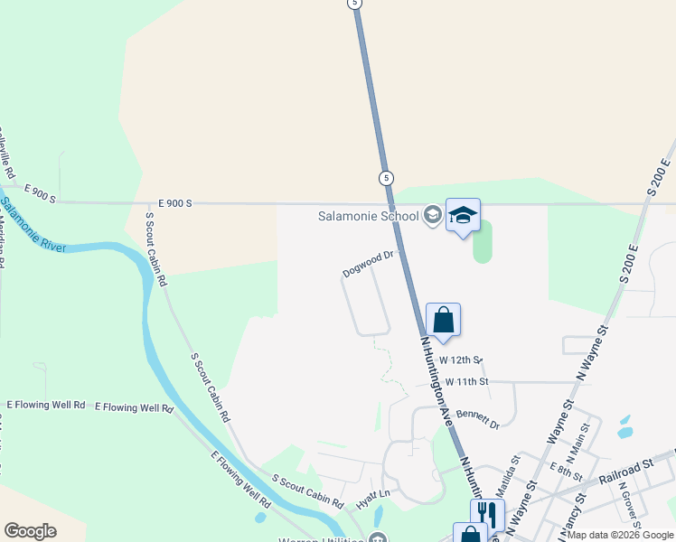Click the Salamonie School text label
[x=368, y=216]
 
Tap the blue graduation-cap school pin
[x=463, y=215]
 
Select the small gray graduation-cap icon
[x=433, y=216]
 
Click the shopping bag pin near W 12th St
[x=443, y=320]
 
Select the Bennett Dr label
[x=478, y=418]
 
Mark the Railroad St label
[x=624, y=467]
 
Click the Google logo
[x=30, y=531]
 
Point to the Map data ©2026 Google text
[x=620, y=535]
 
